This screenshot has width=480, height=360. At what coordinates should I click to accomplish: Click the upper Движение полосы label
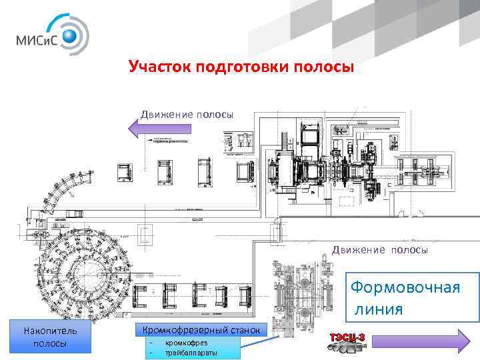[187, 113]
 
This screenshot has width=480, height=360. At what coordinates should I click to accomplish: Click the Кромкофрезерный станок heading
[201, 329]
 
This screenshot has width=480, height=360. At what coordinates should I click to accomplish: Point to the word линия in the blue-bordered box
[379, 309]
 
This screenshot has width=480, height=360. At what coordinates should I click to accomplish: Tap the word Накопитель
[51, 331]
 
